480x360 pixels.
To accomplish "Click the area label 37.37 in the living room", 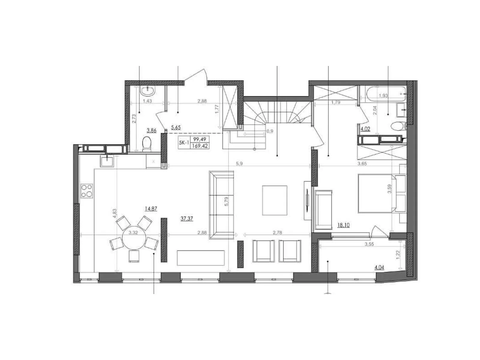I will click(x=187, y=219).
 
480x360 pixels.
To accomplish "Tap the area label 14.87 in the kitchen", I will click(x=151, y=209).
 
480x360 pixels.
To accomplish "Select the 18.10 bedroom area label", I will click(x=343, y=225).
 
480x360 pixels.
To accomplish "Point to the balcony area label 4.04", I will click(x=379, y=267).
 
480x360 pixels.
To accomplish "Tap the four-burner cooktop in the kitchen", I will click(x=87, y=191).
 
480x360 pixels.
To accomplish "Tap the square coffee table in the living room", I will click(x=274, y=200).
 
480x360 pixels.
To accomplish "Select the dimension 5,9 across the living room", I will click(x=239, y=164).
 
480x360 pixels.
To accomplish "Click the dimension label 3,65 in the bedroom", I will click(x=362, y=164).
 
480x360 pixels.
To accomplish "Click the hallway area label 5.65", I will click(x=175, y=127).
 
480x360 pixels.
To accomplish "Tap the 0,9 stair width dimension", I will click(x=270, y=131).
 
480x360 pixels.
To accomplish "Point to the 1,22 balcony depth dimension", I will click(x=398, y=255).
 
